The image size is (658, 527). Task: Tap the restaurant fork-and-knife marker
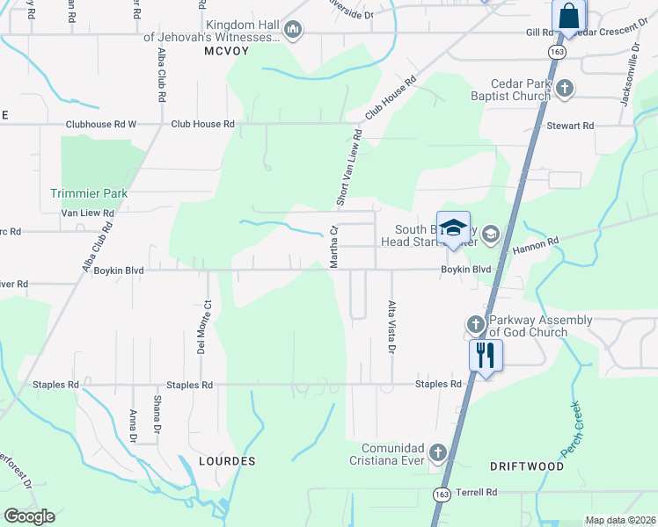(x=485, y=355)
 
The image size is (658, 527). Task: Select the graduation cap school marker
(x=453, y=227)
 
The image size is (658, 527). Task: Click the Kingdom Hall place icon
(x=293, y=31)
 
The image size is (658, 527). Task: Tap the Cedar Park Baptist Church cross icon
(x=565, y=88)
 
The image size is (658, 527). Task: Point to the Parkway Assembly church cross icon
(x=475, y=325)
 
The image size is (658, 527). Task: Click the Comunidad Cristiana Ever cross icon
(x=438, y=453)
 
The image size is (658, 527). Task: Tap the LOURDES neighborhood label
(x=227, y=461)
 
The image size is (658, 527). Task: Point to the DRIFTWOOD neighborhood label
(x=527, y=466)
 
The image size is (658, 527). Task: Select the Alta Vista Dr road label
(x=391, y=327)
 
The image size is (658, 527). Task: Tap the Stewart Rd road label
(x=570, y=126)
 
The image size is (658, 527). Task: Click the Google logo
(x=29, y=516)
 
